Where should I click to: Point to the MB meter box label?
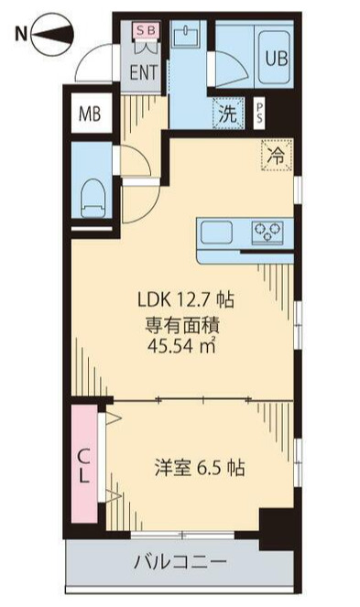pyautogui.click(x=90, y=114)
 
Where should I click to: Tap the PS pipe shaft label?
pyautogui.click(x=260, y=114)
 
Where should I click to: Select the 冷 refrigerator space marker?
pyautogui.click(x=276, y=155)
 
